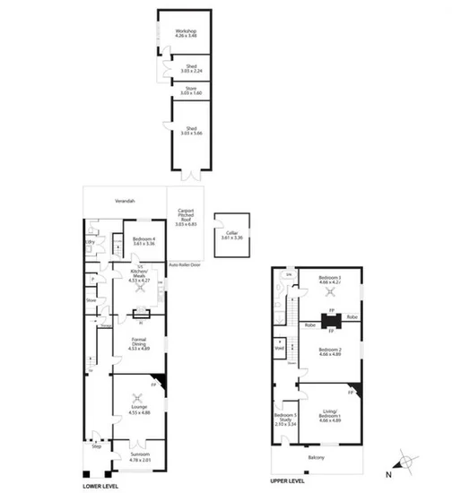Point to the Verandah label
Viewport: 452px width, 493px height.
point(123,201)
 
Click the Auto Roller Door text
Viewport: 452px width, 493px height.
point(185,265)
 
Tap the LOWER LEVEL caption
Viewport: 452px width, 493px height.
point(99,486)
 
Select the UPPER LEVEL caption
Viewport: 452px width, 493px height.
point(287,480)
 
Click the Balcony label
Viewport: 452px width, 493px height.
point(319,458)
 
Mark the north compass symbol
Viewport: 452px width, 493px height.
point(405,463)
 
